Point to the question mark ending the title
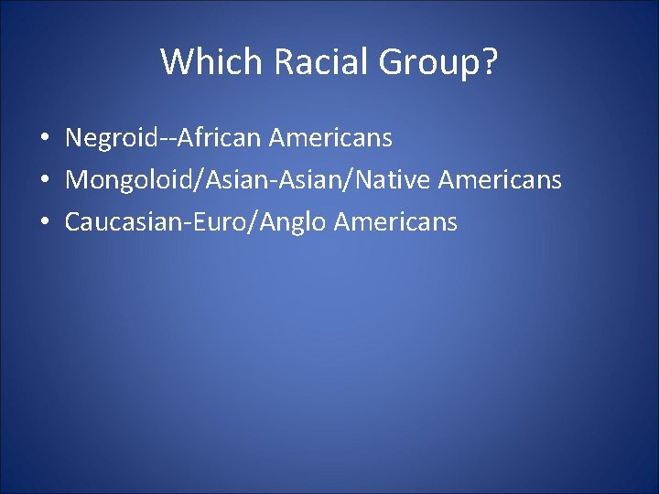(490, 62)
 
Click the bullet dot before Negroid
(44, 139)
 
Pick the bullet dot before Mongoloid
(44, 181)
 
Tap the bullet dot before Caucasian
(44, 222)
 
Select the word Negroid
(110, 138)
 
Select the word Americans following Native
(500, 180)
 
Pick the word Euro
(220, 221)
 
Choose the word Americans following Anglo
(395, 221)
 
